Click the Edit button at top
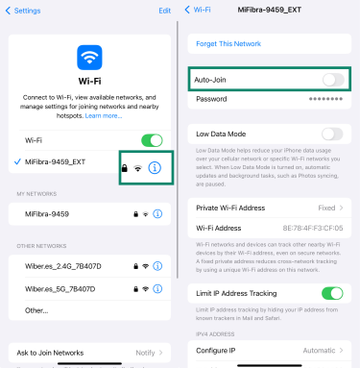coord(164,11)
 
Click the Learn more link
coord(103,115)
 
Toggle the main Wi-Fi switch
coord(151,141)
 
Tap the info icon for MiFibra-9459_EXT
coord(156,168)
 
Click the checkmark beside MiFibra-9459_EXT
coord(18,162)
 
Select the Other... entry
coord(36,310)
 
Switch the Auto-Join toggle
coord(332,80)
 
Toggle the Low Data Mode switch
coord(332,134)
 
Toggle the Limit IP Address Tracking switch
coord(332,293)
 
